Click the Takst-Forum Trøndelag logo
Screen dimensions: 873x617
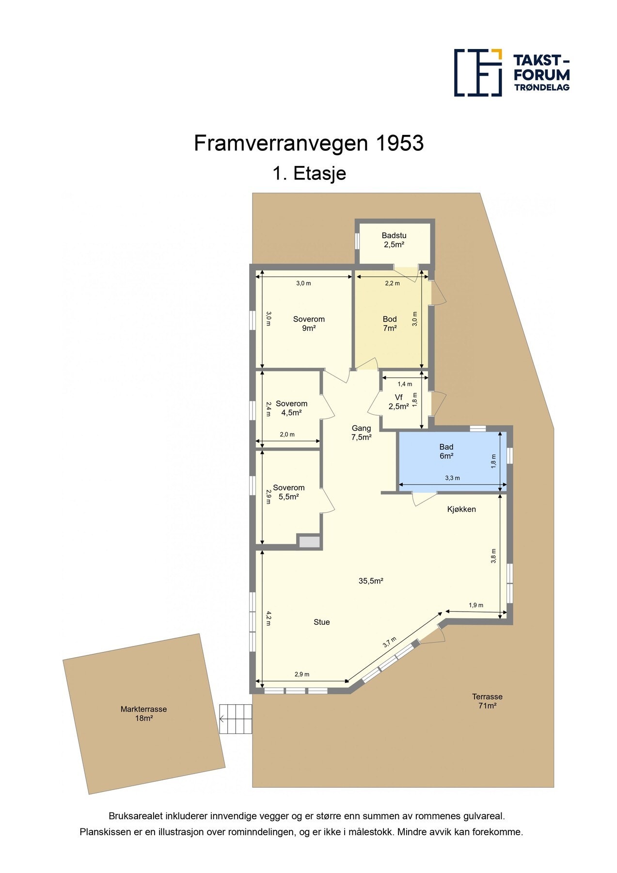click(x=511, y=72)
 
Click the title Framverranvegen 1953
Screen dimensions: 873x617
click(x=309, y=144)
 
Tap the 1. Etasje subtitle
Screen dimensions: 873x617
click(x=309, y=173)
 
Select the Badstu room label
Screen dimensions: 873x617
click(x=394, y=240)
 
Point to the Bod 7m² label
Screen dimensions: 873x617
click(x=390, y=323)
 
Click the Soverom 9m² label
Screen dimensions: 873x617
click(x=309, y=323)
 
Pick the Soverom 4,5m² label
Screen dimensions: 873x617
click(x=291, y=408)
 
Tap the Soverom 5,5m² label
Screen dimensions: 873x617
click(x=288, y=492)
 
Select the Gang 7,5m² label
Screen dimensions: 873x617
click(x=361, y=433)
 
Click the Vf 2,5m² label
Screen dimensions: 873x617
click(x=398, y=402)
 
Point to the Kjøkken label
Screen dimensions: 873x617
click(x=461, y=509)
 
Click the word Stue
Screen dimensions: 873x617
click(x=321, y=622)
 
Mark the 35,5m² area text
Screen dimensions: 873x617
click(x=371, y=581)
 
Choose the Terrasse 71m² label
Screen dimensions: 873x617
click(x=487, y=701)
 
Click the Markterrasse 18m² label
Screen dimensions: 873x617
click(x=143, y=713)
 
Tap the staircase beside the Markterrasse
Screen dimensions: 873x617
click(x=236, y=719)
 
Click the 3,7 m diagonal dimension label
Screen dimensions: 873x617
click(x=389, y=642)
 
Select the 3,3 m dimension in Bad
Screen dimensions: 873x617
click(x=452, y=478)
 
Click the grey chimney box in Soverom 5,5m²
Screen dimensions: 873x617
click(x=309, y=542)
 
